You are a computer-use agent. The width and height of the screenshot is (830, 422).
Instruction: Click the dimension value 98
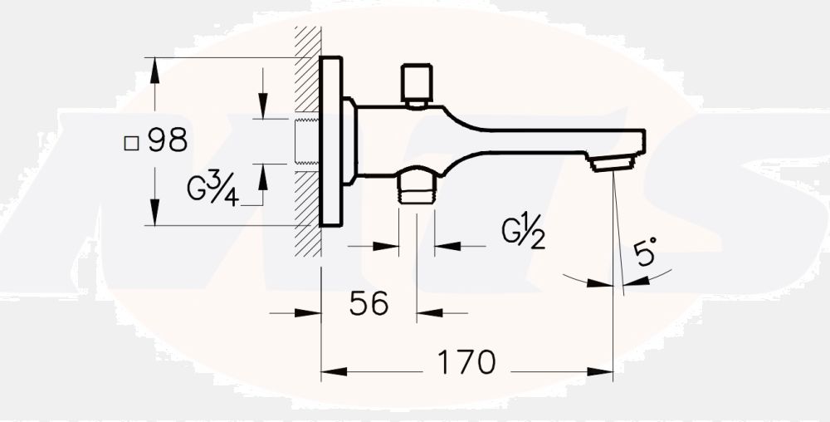pos(168,140)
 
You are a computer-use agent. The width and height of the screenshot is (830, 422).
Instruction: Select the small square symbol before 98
pos(130,142)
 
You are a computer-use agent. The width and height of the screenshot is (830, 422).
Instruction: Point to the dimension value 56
pos(369,304)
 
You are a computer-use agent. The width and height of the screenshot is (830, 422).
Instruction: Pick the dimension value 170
pos(468,362)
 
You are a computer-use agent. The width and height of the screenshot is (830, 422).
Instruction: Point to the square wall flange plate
pos(331,141)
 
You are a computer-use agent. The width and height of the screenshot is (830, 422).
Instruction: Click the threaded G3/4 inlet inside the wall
pos(308,141)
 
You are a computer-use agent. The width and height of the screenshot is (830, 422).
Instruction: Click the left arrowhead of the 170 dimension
pos(332,371)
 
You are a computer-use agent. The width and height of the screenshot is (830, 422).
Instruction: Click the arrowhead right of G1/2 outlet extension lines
pos(446,246)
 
